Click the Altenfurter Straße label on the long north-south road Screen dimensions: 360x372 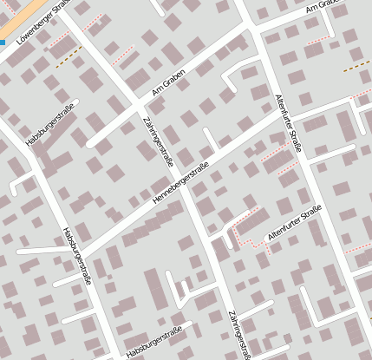(x=288, y=123)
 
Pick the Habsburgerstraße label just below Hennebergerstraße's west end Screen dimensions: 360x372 (x=77, y=256)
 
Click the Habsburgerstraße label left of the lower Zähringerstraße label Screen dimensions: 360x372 (x=153, y=343)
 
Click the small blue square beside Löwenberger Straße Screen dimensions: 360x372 (x=3, y=41)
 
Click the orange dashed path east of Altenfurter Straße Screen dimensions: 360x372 (x=356, y=65)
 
